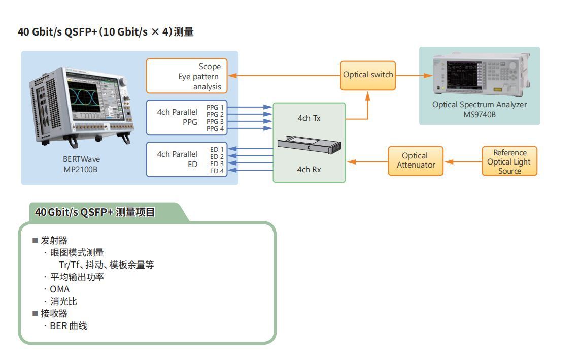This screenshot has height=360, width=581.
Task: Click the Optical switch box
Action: [367, 75]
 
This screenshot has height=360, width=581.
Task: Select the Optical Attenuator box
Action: [415, 161]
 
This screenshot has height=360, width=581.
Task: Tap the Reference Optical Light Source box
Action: [509, 161]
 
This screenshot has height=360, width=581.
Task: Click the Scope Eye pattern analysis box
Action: [187, 76]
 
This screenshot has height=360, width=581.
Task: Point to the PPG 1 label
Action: [215, 108]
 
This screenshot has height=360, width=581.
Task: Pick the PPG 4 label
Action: [215, 129]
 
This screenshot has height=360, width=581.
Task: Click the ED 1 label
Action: [217, 150]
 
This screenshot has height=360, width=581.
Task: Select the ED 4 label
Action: [217, 171]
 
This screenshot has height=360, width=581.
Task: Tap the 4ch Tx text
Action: [309, 118]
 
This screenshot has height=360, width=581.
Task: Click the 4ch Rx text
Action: [309, 169]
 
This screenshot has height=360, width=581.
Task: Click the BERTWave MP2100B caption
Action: [81, 164]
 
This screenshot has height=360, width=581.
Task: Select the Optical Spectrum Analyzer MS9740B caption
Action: [479, 109]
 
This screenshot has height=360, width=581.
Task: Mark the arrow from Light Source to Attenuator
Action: [462, 162]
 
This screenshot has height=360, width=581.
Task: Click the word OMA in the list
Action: [59, 289]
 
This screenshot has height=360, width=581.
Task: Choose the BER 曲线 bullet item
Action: [68, 326]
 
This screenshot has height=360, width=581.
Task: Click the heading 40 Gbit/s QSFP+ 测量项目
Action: [95, 212]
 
